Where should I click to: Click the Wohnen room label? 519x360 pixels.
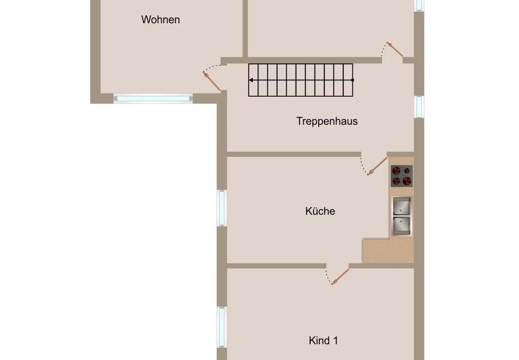pos(161,20)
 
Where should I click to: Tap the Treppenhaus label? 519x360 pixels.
pos(327,121)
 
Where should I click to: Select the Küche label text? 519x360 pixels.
pos(320,211)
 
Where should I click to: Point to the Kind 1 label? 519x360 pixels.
pos(324,340)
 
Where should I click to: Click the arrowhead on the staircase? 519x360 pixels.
pos(251,80)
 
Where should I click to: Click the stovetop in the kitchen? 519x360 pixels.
pos(402,176)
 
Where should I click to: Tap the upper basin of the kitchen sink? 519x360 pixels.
pos(402,206)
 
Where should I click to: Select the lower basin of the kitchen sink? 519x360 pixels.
pos(402,225)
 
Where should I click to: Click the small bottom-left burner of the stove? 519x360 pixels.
pos(396,181)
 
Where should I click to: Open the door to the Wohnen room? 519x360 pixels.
pos(212,81)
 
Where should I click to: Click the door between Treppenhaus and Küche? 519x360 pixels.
pos(377,166)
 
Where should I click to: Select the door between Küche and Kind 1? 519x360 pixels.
pos(340,277)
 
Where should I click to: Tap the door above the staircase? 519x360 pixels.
pos(395,50)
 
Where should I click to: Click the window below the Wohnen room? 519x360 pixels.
pos(153,99)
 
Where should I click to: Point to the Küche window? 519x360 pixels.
pos(222,208)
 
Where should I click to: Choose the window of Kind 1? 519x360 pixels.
pos(222,327)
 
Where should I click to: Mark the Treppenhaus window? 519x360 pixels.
pos(419,106)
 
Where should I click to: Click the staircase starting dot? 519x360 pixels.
pos(352,80)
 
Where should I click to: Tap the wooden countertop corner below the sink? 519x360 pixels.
pos(388,250)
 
